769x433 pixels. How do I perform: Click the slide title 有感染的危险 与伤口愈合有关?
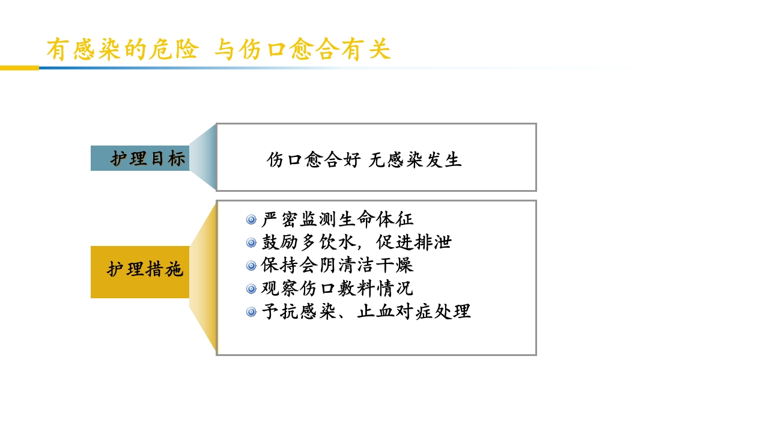click(219, 49)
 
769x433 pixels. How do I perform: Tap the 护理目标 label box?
click(141, 159)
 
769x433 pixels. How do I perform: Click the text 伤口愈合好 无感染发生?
click(364, 160)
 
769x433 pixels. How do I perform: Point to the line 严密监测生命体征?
click(338, 220)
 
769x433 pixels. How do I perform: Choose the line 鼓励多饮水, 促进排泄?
click(356, 242)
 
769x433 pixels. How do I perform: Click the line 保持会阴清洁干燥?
click(338, 265)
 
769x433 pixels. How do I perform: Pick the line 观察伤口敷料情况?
click(338, 289)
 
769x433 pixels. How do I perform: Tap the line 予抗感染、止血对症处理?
click(366, 312)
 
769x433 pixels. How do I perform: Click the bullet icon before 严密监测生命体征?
click(251, 220)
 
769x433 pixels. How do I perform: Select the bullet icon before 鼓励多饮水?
click(251, 243)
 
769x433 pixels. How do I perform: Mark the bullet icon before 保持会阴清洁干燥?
click(251, 266)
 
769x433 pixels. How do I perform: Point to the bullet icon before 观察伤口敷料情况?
click(251, 289)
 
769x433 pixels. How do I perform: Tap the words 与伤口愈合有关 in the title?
click(303, 49)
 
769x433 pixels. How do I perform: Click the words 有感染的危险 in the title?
click(123, 49)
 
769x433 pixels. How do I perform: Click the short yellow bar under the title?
click(19, 68)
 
